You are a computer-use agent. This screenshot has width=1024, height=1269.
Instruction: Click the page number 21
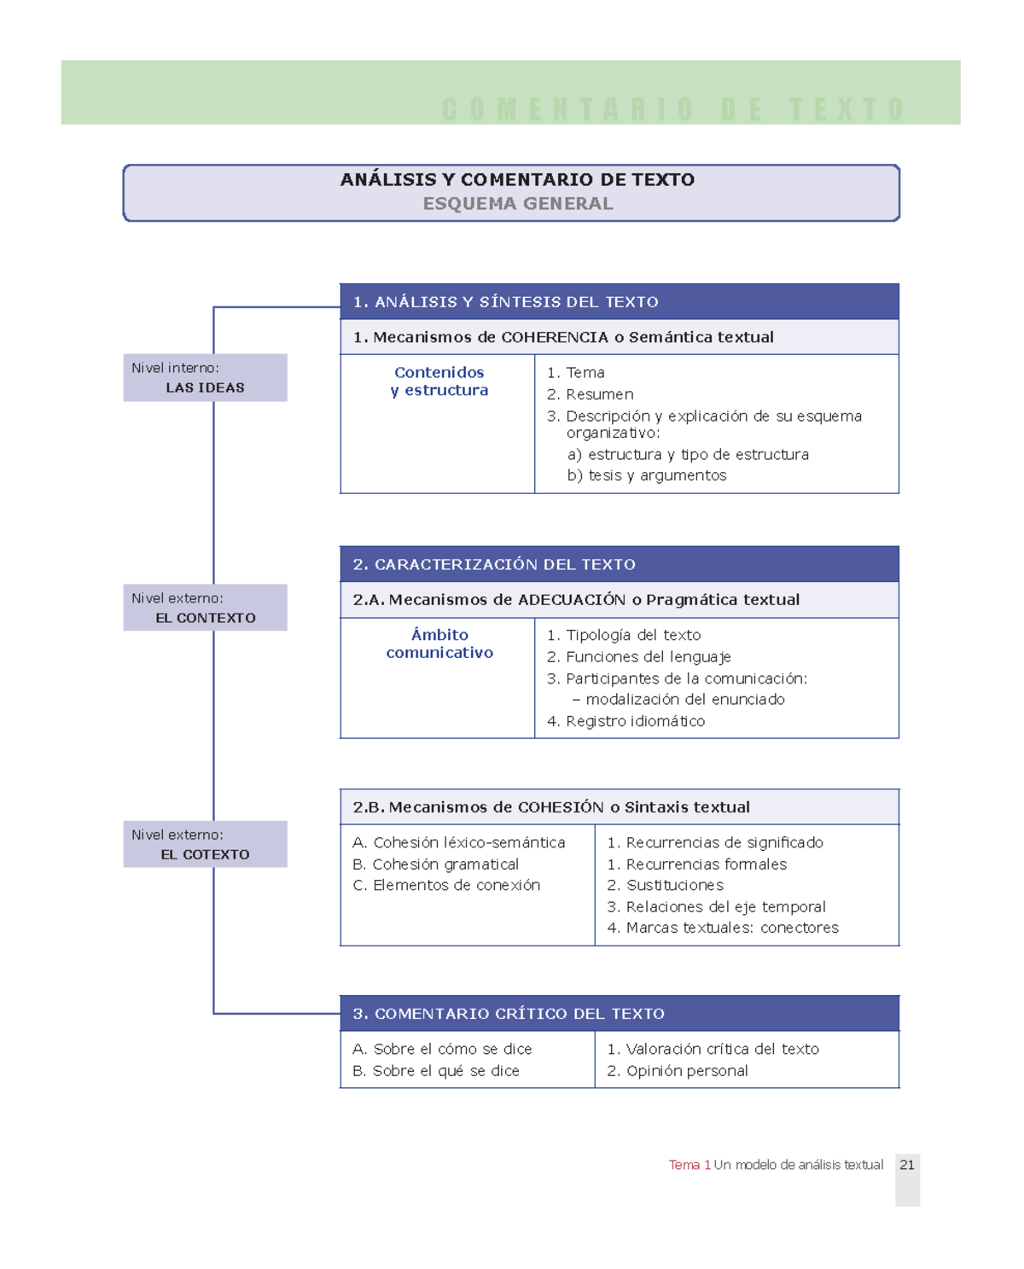pos(906,1165)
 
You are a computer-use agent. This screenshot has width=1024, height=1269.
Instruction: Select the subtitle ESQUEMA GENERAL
pos(518,204)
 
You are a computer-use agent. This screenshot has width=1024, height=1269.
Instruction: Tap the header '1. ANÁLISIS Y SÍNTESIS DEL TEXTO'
pos(505,302)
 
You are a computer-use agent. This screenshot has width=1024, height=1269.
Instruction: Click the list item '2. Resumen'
pos(591,394)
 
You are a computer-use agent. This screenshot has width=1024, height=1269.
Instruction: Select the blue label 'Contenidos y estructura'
pos(439,381)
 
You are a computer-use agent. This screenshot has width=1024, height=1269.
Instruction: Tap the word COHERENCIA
pos(555,337)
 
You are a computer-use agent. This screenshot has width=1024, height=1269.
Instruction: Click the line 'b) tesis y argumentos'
pos(647,475)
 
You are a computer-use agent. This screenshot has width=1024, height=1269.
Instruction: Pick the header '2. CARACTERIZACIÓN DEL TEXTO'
pos(494,565)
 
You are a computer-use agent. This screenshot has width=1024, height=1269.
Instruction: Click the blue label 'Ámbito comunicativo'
pos(439,643)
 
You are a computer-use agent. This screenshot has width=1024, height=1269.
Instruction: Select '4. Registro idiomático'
pos(625,721)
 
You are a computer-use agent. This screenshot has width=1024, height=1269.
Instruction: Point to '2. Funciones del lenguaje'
pos(638,657)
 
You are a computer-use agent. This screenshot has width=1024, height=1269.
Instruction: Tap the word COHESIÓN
pos(561,807)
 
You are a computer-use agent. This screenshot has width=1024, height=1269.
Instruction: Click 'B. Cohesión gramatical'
pos(435,864)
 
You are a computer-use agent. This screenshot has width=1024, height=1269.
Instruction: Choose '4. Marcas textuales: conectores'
pos(723,928)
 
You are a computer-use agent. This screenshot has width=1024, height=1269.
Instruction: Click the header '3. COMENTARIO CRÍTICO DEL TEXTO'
pos(509,1014)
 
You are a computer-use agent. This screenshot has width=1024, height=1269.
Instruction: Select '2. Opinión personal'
pos(678,1071)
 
